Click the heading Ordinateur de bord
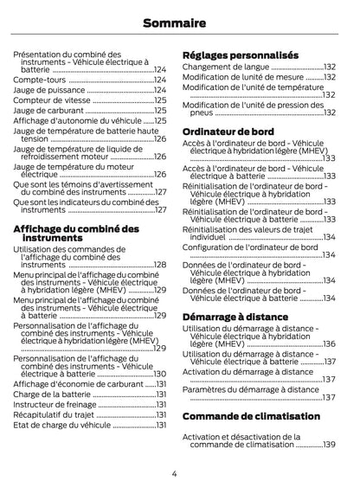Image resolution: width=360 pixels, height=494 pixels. tap(228, 131)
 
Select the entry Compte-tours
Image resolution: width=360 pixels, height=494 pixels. tap(38, 80)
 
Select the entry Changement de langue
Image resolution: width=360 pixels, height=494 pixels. tap(227, 67)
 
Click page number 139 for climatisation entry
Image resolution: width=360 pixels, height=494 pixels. tap(328, 444)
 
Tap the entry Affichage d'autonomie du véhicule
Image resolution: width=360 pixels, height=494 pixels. tap(76, 121)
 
